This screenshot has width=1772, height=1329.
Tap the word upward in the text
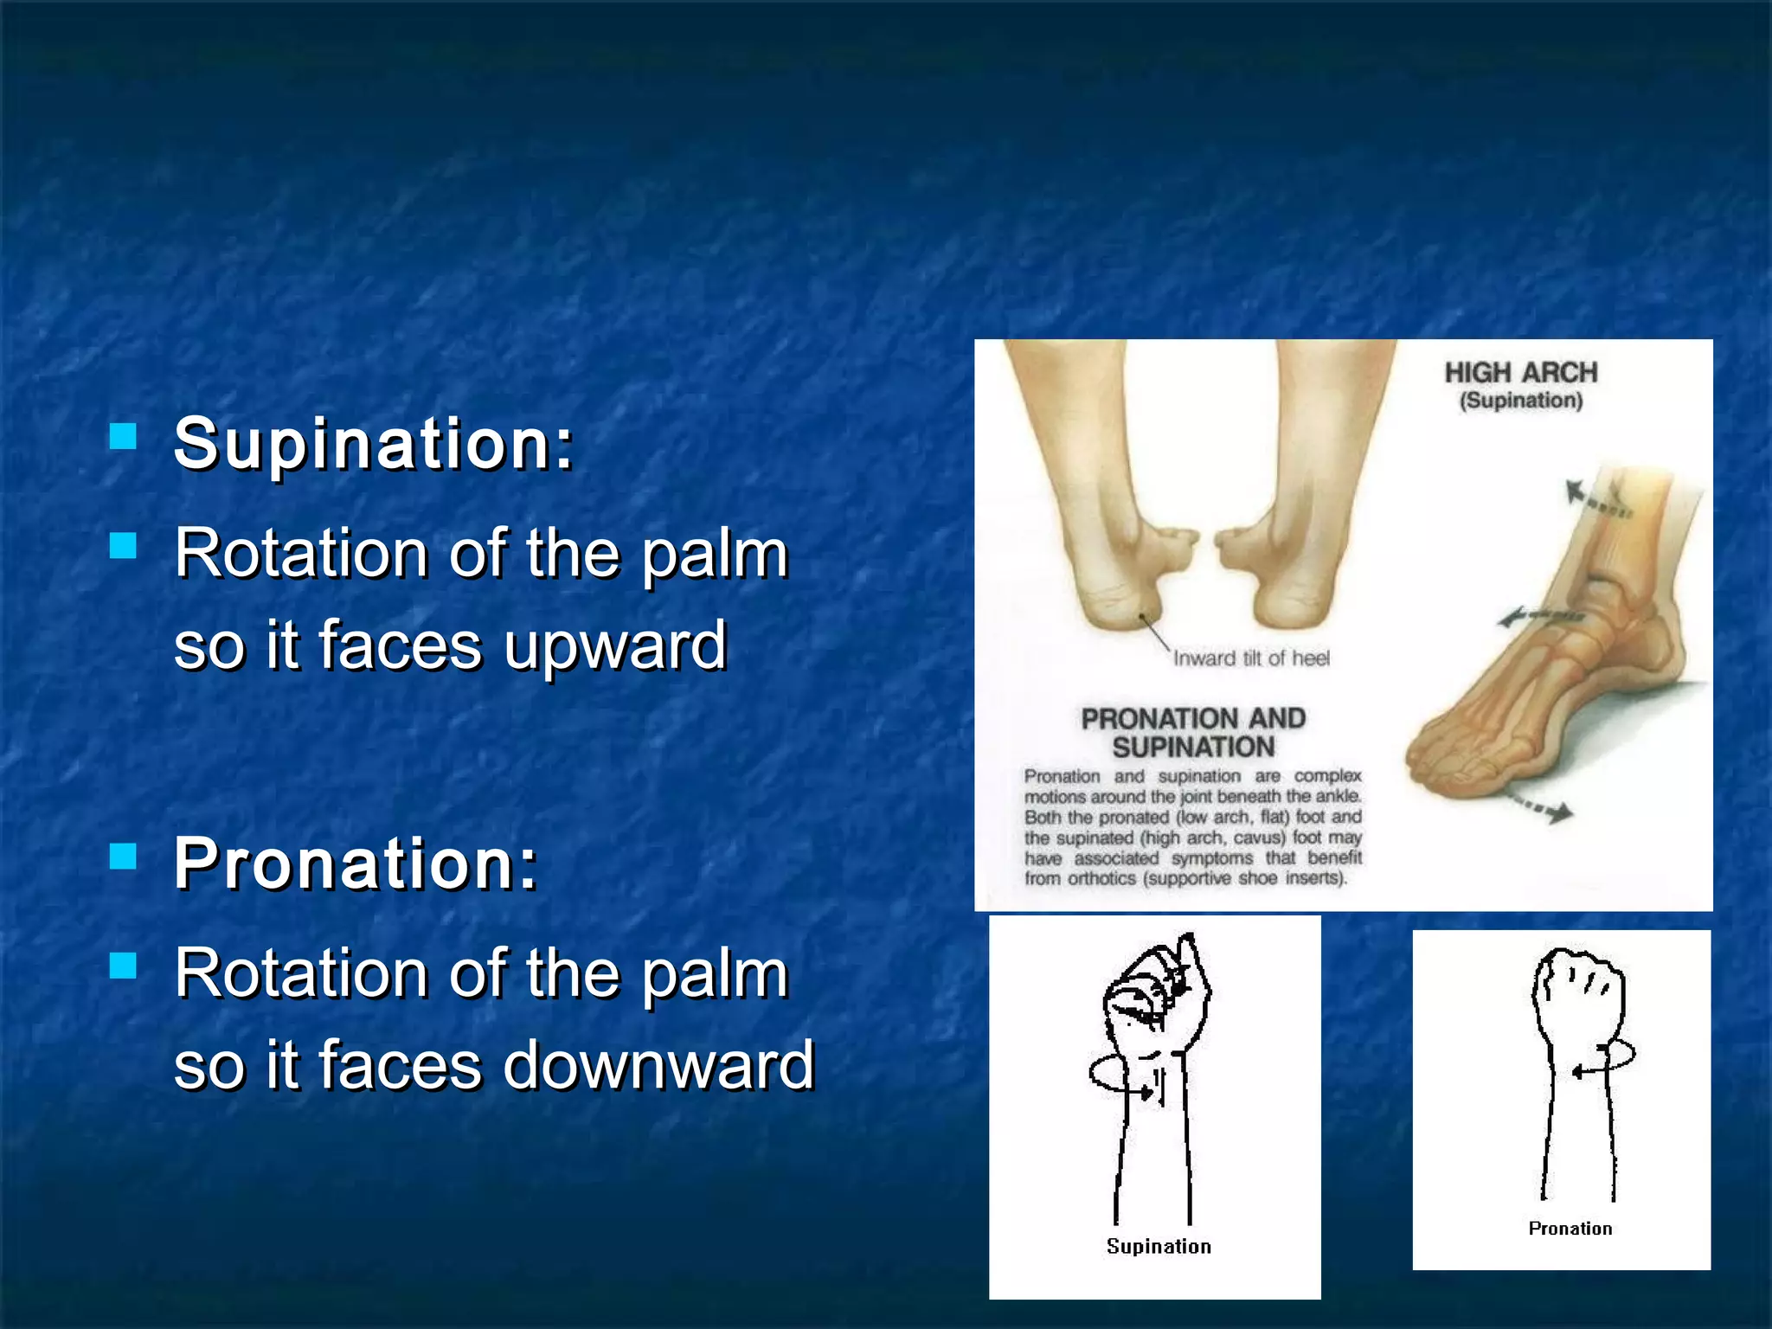pyautogui.click(x=615, y=646)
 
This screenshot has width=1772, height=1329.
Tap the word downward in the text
pyautogui.click(x=658, y=1065)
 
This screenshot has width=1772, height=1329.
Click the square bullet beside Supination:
pyautogui.click(x=124, y=436)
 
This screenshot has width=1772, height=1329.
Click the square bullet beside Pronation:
pyautogui.click(x=124, y=856)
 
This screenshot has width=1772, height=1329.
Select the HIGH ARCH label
pyautogui.click(x=1520, y=373)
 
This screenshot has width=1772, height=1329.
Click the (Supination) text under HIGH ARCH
pyautogui.click(x=1520, y=401)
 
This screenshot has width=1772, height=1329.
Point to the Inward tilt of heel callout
pyautogui.click(x=1250, y=658)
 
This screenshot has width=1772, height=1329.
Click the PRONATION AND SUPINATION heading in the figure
pyautogui.click(x=1193, y=732)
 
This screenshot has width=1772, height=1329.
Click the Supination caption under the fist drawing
pyautogui.click(x=1159, y=1246)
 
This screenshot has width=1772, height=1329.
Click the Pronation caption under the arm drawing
pyautogui.click(x=1570, y=1229)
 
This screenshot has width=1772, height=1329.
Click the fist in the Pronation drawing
pyautogui.click(x=1579, y=991)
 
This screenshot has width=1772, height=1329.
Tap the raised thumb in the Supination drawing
pyautogui.click(x=1191, y=960)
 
